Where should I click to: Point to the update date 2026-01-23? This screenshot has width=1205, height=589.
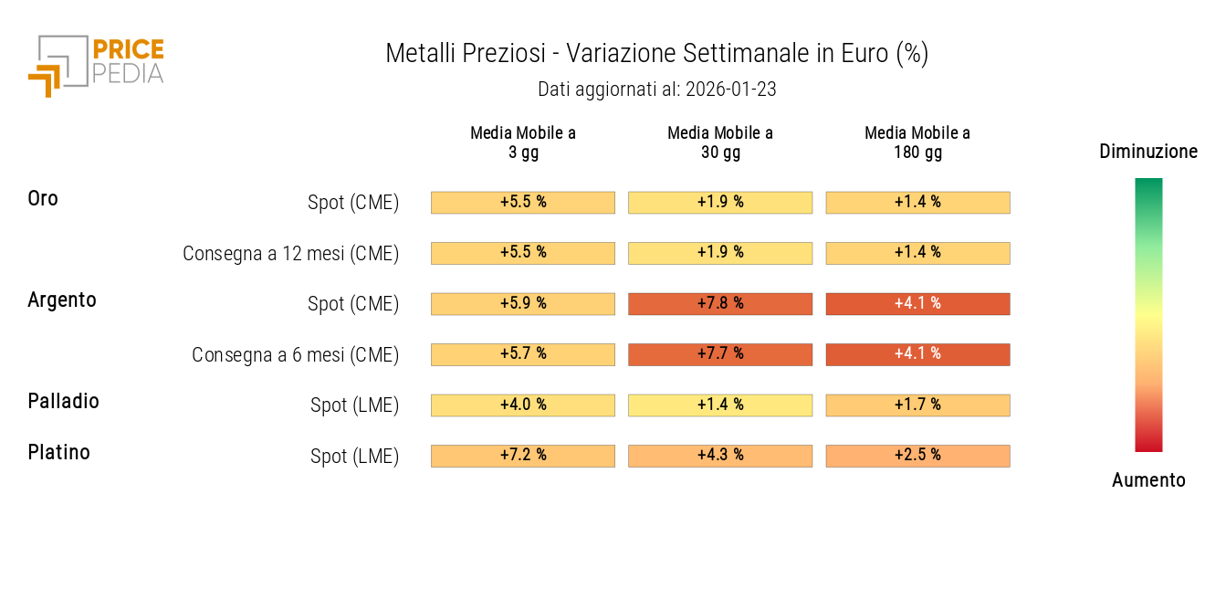click(730, 89)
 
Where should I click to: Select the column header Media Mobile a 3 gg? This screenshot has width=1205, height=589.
click(523, 142)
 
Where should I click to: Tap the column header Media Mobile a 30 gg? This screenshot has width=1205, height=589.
click(720, 142)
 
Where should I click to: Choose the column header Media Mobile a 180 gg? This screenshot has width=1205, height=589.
click(917, 142)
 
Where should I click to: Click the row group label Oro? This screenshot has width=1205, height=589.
click(43, 198)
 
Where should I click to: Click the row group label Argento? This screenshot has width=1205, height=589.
click(62, 300)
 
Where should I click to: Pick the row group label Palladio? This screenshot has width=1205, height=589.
click(63, 401)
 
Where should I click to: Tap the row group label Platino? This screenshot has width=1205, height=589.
click(58, 452)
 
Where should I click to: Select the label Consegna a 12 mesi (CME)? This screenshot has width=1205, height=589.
click(290, 254)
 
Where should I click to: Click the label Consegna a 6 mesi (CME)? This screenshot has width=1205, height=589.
click(295, 355)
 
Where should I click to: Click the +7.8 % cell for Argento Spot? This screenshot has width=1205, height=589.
click(720, 303)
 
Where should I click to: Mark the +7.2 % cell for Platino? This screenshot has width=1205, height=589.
click(523, 455)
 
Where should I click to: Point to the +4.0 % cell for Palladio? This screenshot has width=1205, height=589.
click(523, 405)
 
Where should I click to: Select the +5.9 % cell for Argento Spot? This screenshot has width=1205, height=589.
click(523, 303)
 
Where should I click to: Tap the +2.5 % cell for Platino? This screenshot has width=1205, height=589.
click(917, 455)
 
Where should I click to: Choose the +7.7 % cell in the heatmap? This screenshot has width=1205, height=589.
click(720, 353)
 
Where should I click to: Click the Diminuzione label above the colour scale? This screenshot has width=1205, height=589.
click(1148, 152)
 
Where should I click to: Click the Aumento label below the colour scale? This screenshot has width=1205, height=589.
click(1148, 480)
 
